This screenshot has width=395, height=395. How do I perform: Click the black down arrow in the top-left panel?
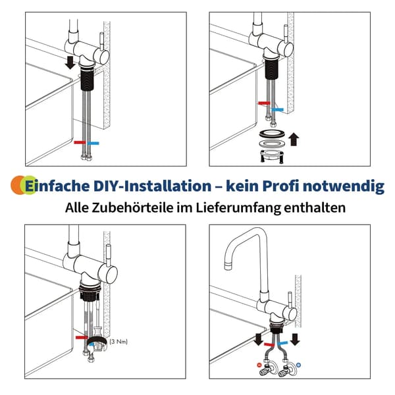point(70,63)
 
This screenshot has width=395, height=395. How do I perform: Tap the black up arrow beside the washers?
point(294,140)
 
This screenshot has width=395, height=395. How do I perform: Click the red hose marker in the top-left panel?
point(80,142)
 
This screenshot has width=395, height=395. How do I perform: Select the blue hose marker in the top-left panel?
point(93,143)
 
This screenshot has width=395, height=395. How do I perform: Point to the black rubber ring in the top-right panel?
point(273,134)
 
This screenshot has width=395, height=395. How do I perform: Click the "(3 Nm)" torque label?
point(118,342)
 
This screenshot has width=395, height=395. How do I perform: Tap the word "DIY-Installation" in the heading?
point(152,186)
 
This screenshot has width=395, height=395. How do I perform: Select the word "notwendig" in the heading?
point(344,186)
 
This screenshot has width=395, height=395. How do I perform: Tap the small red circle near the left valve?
point(259,365)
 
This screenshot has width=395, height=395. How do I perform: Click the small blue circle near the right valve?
point(298,365)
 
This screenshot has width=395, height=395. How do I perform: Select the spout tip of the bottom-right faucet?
point(228,265)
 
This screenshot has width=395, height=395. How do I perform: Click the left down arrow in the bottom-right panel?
point(258,340)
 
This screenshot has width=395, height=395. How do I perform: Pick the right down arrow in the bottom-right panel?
point(294,339)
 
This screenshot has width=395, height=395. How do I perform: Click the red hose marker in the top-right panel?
point(264,103)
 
